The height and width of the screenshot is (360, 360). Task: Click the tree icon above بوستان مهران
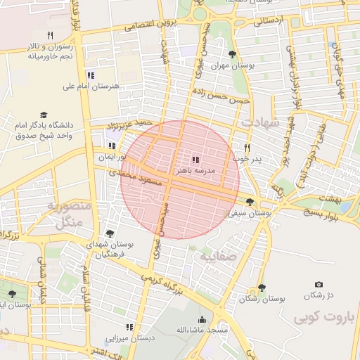pyautogui.click(x=232, y=53)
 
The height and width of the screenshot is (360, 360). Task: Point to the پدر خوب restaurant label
pyautogui.click(x=247, y=159)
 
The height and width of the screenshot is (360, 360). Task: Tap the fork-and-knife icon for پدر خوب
pyautogui.click(x=247, y=148)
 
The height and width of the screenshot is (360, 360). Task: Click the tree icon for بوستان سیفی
pyautogui.click(x=250, y=202)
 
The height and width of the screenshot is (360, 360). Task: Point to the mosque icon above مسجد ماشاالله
pyautogui.click(x=202, y=319)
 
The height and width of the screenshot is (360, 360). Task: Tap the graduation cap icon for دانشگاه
pyautogui.click(x=44, y=115)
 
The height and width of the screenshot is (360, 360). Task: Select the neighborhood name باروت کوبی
pyautogui.click(x=328, y=317)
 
